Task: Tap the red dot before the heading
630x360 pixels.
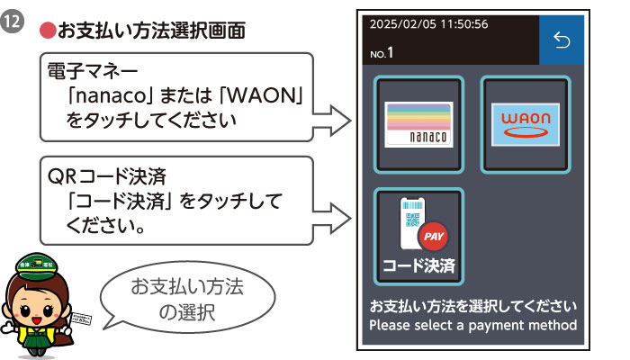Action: (x=48, y=31)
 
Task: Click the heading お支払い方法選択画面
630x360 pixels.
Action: (x=150, y=31)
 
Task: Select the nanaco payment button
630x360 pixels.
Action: (x=419, y=124)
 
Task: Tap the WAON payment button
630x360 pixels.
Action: (x=525, y=124)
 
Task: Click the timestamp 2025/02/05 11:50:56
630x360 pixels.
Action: (x=429, y=23)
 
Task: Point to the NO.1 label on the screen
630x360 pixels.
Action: (x=382, y=53)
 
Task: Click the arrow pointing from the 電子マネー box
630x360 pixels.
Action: (x=335, y=119)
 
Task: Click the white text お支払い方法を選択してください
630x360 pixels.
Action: (x=472, y=306)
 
